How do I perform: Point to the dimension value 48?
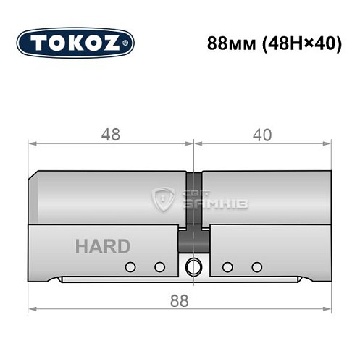point(110,135)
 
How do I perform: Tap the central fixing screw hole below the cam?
point(193,266)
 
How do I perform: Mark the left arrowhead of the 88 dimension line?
point(31,310)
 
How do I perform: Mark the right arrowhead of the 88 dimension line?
point(330,310)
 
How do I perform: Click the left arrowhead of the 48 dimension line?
point(31,144)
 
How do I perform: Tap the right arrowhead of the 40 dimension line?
point(330,144)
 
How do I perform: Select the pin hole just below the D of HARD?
point(130,266)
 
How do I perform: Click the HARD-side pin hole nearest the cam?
point(159,266)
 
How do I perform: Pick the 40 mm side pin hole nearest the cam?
point(227,266)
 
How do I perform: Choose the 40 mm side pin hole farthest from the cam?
point(256,266)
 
